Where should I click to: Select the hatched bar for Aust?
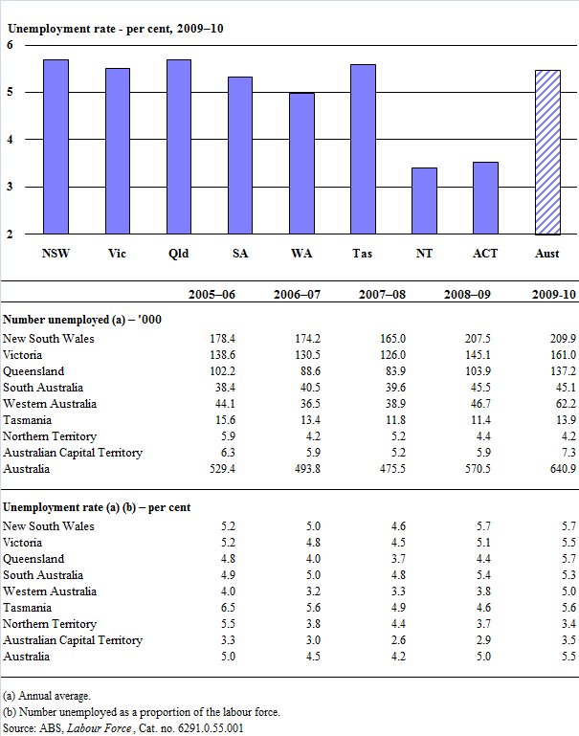(x=546, y=152)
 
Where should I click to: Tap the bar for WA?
(x=301, y=164)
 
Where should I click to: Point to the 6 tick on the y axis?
(x=10, y=45)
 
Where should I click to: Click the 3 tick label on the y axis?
(x=10, y=187)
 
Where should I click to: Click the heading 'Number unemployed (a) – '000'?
(x=81, y=319)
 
